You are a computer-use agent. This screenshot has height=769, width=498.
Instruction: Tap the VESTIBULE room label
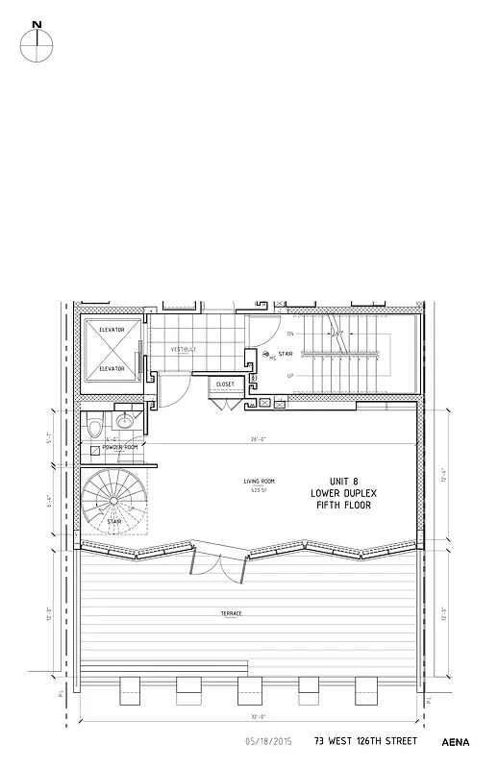pos(184,349)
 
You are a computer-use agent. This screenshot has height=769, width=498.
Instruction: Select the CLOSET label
pos(225,384)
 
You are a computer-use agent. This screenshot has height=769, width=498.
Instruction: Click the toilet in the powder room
pos(95,424)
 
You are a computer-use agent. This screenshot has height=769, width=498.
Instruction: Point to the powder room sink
pos(125,421)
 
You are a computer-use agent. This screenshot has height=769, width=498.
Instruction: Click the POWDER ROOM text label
pos(119,448)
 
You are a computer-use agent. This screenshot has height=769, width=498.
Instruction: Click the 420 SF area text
pos(259,489)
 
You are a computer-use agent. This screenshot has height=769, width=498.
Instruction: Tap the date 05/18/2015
pos(269,741)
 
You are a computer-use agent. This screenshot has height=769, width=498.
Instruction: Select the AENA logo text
pos(456,742)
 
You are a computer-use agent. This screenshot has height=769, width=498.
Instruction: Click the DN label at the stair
pos(290,334)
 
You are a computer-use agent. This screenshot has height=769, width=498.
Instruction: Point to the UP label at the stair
pos(290,376)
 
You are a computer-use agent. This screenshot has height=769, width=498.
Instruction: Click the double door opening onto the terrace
pos(220,565)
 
